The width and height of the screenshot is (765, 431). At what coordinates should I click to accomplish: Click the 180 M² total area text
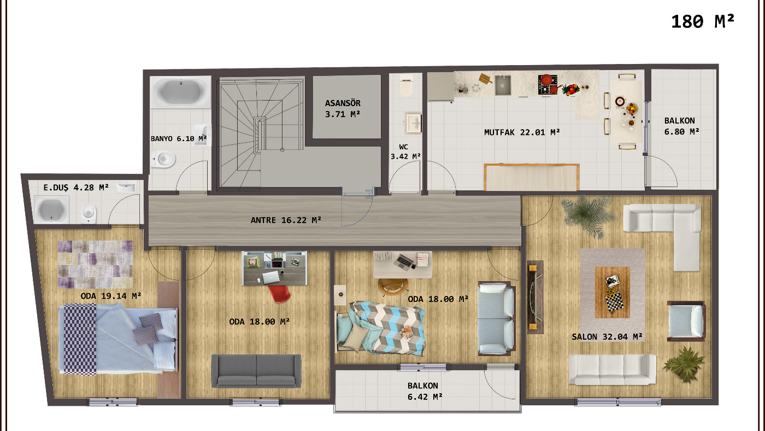click(702, 21)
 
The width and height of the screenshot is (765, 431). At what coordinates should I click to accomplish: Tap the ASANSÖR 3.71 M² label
click(343, 108)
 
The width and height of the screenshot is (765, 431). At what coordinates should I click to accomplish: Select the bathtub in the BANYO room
click(180, 92)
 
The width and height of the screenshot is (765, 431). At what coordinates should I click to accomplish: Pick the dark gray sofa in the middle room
click(256, 370)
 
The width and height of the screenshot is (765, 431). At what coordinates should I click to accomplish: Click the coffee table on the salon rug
click(612, 292)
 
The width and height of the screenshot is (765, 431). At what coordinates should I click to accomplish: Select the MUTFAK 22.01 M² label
click(522, 132)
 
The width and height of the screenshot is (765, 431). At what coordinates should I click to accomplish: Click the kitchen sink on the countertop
click(503, 85)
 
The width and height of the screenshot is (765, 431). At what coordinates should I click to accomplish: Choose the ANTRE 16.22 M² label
click(286, 220)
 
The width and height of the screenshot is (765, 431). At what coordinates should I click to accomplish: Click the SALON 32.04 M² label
click(607, 336)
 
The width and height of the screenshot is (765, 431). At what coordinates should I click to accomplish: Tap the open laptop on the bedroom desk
click(404, 262)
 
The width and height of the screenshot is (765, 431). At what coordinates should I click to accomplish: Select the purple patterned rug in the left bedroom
click(96, 265)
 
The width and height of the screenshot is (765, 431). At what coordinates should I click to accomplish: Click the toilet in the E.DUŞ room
click(89, 213)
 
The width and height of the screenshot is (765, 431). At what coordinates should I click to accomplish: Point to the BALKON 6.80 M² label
click(682, 126)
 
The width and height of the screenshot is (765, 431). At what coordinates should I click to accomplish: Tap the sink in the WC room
click(413, 123)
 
